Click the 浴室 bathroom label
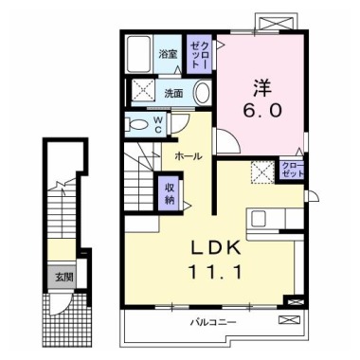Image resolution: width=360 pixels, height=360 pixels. click(x=168, y=54)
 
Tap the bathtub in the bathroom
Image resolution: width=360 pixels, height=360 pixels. click(x=139, y=54)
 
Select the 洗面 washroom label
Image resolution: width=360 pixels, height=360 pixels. click(x=173, y=93)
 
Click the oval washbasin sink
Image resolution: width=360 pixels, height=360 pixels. click(x=202, y=92)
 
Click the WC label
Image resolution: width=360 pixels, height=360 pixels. click(x=158, y=124)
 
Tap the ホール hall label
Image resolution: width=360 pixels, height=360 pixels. click(x=188, y=156)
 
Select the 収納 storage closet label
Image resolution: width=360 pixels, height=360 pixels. click(x=170, y=193)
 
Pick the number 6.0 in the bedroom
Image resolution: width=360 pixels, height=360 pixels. click(x=262, y=110)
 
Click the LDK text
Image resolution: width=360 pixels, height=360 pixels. click(x=216, y=249)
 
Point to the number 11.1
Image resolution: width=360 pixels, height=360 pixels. click(x=215, y=272)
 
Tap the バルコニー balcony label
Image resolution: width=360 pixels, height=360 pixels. click(x=213, y=322)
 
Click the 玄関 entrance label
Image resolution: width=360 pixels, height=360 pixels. click(x=64, y=278)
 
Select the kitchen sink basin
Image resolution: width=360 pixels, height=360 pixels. click(x=257, y=219)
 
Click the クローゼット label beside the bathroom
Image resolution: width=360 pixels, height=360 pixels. click(x=199, y=54)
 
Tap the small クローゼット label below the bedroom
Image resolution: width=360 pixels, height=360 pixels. click(x=293, y=170)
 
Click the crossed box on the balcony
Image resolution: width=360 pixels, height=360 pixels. click(x=288, y=319)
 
